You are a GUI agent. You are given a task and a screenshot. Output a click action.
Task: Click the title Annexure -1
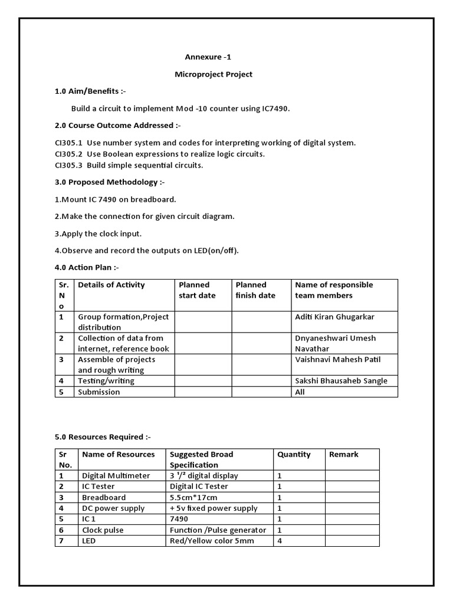[x=204, y=57]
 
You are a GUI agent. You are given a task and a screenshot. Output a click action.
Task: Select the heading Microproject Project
[x=213, y=74]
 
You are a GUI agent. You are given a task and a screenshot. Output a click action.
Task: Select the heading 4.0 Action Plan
[x=87, y=267]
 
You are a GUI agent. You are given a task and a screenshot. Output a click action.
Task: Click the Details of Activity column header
[x=111, y=285]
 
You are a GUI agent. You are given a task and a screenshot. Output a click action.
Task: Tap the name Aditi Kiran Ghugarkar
[x=334, y=317]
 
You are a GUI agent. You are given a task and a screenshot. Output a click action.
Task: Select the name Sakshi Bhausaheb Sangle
[x=341, y=381]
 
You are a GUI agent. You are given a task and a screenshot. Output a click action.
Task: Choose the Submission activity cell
[x=99, y=392]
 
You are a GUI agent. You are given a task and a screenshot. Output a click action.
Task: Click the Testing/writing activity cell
[x=106, y=381]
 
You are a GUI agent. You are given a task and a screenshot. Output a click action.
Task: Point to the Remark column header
[x=343, y=454]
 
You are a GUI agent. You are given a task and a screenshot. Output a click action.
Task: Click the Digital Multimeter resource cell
[x=116, y=475]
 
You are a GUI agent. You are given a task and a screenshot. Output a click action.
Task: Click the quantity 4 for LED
[x=280, y=540]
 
